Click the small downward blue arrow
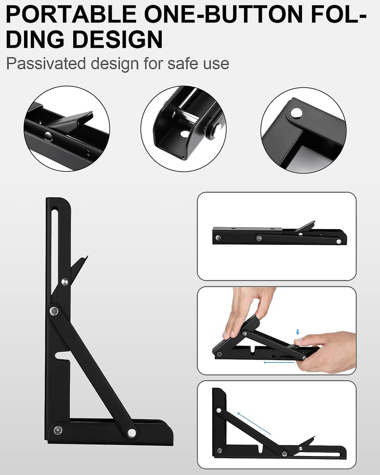click(x=297, y=332)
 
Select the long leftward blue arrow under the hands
click(x=279, y=362)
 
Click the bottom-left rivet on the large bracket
click(x=58, y=430)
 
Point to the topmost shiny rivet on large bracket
click(x=65, y=281)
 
